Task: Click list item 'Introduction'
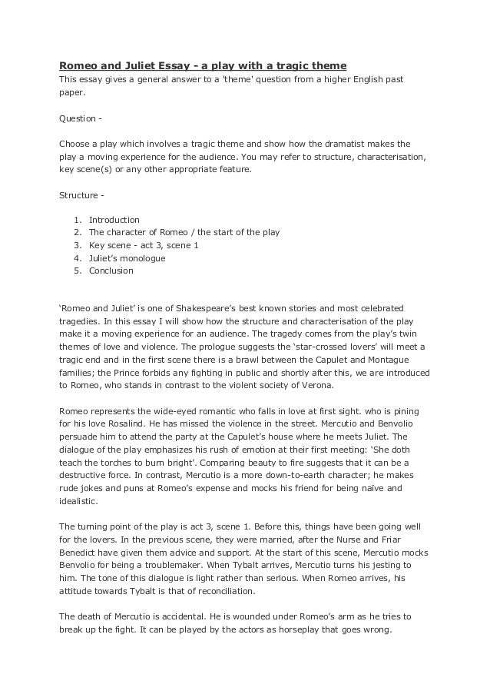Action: tap(114, 220)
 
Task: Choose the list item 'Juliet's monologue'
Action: tap(127, 258)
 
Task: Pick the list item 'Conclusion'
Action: tap(111, 271)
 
